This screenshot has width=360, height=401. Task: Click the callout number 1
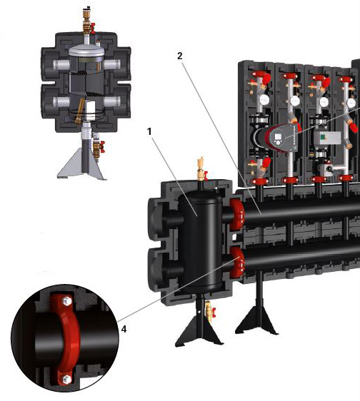click(x=149, y=132)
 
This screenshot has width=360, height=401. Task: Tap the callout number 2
click(x=180, y=56)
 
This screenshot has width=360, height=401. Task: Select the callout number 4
click(x=124, y=329)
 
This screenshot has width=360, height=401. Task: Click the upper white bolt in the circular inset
click(x=67, y=300)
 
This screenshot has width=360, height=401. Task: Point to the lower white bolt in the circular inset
click(x=66, y=378)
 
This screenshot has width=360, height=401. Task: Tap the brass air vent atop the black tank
click(x=201, y=169)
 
